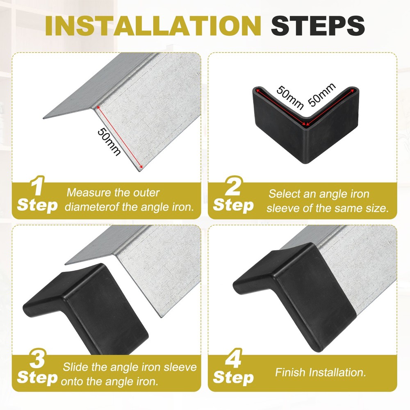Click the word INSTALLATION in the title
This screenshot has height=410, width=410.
click(155, 26)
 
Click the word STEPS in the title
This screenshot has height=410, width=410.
click(318, 26)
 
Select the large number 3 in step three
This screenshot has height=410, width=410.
click(38, 360)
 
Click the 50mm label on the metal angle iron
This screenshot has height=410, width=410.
click(109, 141)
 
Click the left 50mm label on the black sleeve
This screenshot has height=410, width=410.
click(289, 97)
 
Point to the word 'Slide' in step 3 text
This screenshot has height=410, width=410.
click(75, 367)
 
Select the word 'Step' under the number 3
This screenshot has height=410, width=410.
click(37, 377)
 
